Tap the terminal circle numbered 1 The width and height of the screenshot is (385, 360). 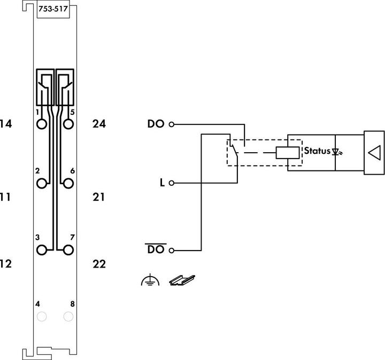click(42, 124)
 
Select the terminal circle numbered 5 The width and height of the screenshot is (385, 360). click(68, 124)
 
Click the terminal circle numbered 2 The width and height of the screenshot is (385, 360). click(42, 183)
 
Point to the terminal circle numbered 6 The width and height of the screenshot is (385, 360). click(68, 183)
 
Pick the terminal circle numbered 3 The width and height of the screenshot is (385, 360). click(42, 249)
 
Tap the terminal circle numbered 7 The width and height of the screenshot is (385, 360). click(68, 249)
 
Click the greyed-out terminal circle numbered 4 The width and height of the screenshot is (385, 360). click(42, 317)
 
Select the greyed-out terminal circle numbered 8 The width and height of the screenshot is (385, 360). click(68, 317)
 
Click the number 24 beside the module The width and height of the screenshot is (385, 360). click(99, 124)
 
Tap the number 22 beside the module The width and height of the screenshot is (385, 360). click(99, 264)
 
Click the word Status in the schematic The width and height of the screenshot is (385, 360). click(317, 151)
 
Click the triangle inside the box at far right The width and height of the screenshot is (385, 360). click(374, 152)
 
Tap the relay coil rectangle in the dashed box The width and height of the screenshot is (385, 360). click(288, 152)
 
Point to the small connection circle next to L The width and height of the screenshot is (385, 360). click(172, 183)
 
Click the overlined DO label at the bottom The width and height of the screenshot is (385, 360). click(156, 249)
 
